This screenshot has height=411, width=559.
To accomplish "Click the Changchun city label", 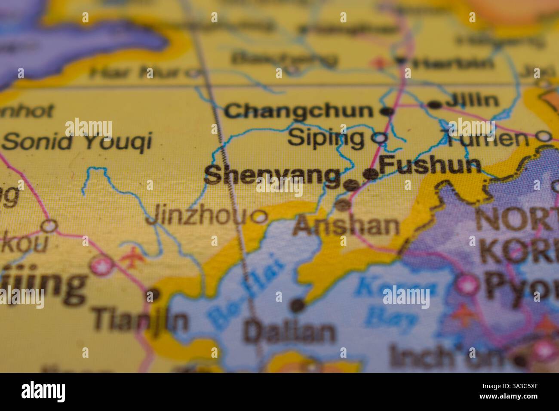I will (x=299, y=111).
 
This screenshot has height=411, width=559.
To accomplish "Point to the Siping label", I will (x=326, y=138).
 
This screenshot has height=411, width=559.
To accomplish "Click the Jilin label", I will (x=472, y=101).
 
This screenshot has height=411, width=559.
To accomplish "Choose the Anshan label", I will (x=346, y=225).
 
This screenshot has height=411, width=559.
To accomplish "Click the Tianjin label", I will (x=140, y=320).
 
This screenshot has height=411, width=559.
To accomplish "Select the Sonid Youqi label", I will (x=77, y=141).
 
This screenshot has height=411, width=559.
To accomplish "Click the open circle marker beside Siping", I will (x=379, y=138).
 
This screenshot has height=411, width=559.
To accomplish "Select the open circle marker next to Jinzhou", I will (x=260, y=217).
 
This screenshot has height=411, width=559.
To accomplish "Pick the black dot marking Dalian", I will (x=297, y=305).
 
